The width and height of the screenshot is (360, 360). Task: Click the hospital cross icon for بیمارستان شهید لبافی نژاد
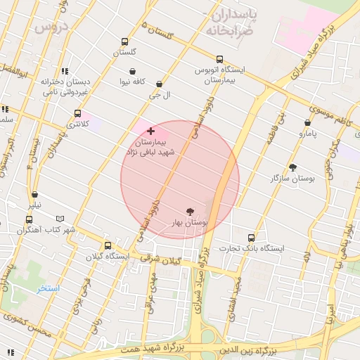click(151, 131)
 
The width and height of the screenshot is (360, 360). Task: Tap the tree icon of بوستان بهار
click(190, 210)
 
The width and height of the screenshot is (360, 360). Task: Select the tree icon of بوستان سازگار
click(292, 167)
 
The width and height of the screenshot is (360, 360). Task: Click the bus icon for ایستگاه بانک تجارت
click(252, 238)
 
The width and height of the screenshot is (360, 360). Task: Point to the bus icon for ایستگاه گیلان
click(108, 245)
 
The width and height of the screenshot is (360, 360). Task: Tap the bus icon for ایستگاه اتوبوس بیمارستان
click(220, 60)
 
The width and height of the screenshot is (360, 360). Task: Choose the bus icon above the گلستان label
click(125, 41)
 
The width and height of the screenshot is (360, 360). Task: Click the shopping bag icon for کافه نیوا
click(132, 71)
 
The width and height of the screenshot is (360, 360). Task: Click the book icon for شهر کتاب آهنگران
click(60, 219)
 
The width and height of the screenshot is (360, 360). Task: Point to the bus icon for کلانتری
click(77, 113)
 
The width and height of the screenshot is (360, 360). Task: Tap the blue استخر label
click(49, 288)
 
